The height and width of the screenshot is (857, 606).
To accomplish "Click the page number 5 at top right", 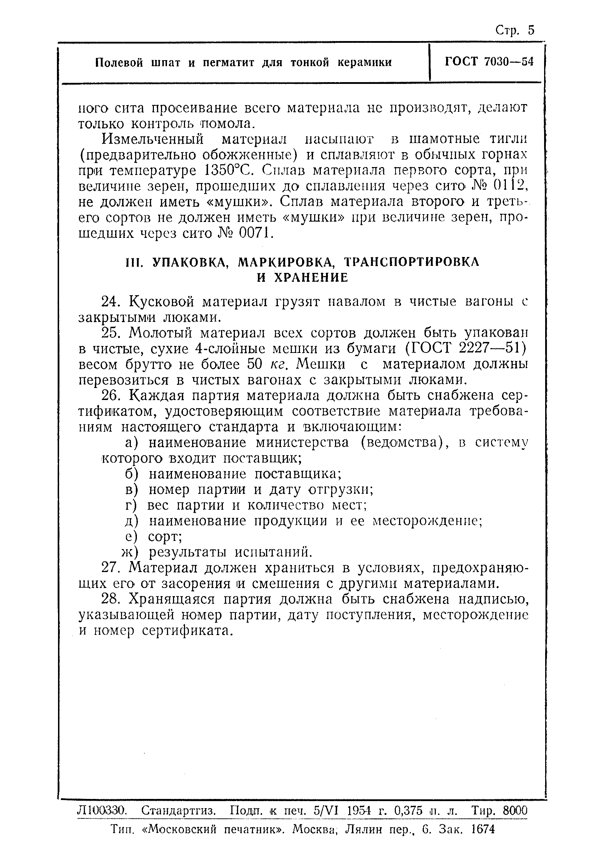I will (x=531, y=30).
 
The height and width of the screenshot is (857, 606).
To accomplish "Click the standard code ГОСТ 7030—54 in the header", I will (x=489, y=62).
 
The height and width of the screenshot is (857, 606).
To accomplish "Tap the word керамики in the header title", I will (x=365, y=62).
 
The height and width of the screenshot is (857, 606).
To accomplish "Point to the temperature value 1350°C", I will (x=229, y=171).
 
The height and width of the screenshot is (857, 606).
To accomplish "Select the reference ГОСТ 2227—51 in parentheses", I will (x=466, y=348).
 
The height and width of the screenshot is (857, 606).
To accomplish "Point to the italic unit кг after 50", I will (x=278, y=365).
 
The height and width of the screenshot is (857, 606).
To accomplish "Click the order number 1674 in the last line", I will (x=483, y=829).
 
